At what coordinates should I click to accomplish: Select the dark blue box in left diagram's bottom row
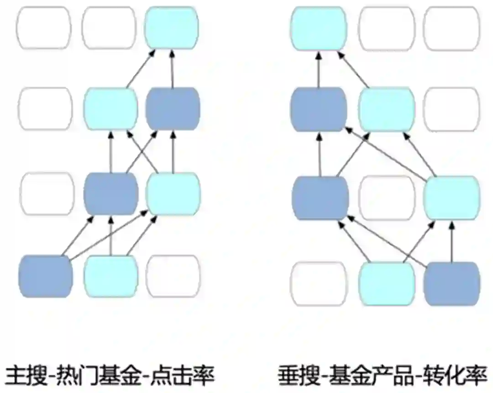[x=46, y=276]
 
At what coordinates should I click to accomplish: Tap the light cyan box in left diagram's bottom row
[x=111, y=276]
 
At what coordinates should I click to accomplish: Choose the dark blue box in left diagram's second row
[x=173, y=107]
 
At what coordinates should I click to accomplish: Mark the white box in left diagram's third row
[x=47, y=193]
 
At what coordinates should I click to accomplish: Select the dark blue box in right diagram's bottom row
[x=452, y=283]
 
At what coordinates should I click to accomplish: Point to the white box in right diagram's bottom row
[x=319, y=283]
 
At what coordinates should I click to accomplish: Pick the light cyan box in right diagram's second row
[x=387, y=109]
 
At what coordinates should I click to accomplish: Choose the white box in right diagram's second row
[x=451, y=109]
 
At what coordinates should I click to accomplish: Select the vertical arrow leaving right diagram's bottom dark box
[x=452, y=239]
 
